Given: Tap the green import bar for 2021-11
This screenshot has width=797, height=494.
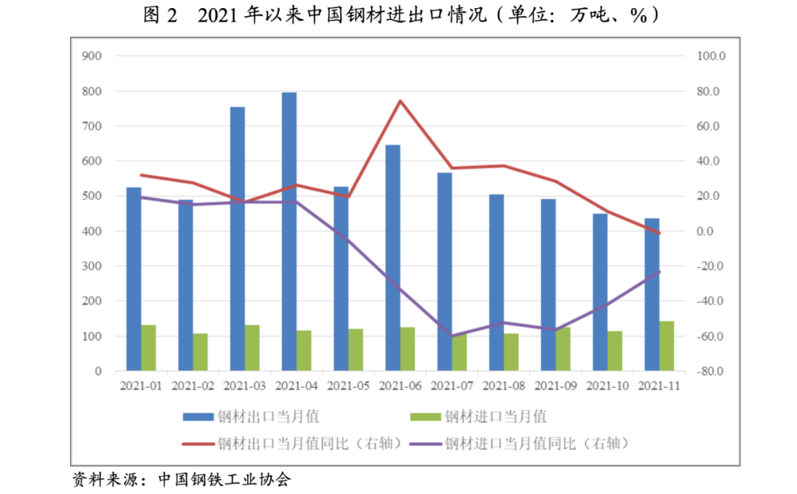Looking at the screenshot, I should [666, 346].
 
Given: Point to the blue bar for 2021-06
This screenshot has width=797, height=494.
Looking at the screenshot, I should [393, 258].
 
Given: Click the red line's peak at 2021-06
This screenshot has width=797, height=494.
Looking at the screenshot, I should [399, 101].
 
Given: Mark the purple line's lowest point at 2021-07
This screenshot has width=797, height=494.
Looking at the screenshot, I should [452, 335].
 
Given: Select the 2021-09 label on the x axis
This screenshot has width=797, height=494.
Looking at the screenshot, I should [555, 386].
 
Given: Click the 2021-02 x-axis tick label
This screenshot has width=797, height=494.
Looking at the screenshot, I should [193, 386].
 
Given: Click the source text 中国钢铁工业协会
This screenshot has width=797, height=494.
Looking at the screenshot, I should [225, 479].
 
